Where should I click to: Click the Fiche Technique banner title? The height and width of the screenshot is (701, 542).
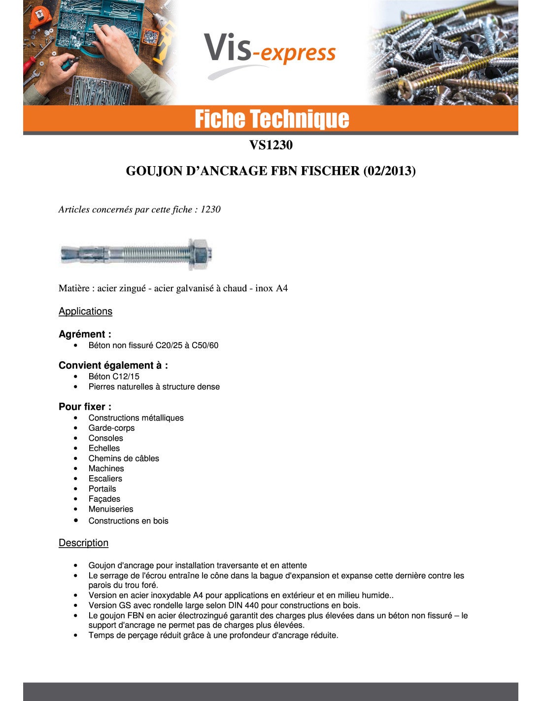[271, 119]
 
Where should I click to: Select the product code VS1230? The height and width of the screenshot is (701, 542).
[271, 145]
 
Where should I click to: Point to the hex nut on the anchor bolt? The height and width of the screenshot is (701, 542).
[200, 254]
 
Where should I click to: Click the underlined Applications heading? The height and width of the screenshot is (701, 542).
[85, 311]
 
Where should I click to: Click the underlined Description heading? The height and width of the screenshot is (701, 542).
[83, 543]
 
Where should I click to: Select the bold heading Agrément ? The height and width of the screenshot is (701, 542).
[85, 334]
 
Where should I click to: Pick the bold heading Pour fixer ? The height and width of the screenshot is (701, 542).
[85, 407]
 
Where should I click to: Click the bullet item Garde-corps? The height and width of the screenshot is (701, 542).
[111, 428]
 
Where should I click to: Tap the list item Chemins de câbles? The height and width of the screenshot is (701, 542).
[124, 458]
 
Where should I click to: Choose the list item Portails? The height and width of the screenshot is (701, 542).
[102, 489]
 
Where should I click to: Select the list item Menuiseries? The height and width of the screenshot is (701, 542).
[111, 509]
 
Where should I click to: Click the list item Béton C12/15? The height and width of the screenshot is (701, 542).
[114, 376]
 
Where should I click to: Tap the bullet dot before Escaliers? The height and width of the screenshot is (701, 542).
[76, 479]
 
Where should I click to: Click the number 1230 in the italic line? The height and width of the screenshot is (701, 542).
[210, 210]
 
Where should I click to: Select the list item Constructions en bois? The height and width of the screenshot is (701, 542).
[128, 521]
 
